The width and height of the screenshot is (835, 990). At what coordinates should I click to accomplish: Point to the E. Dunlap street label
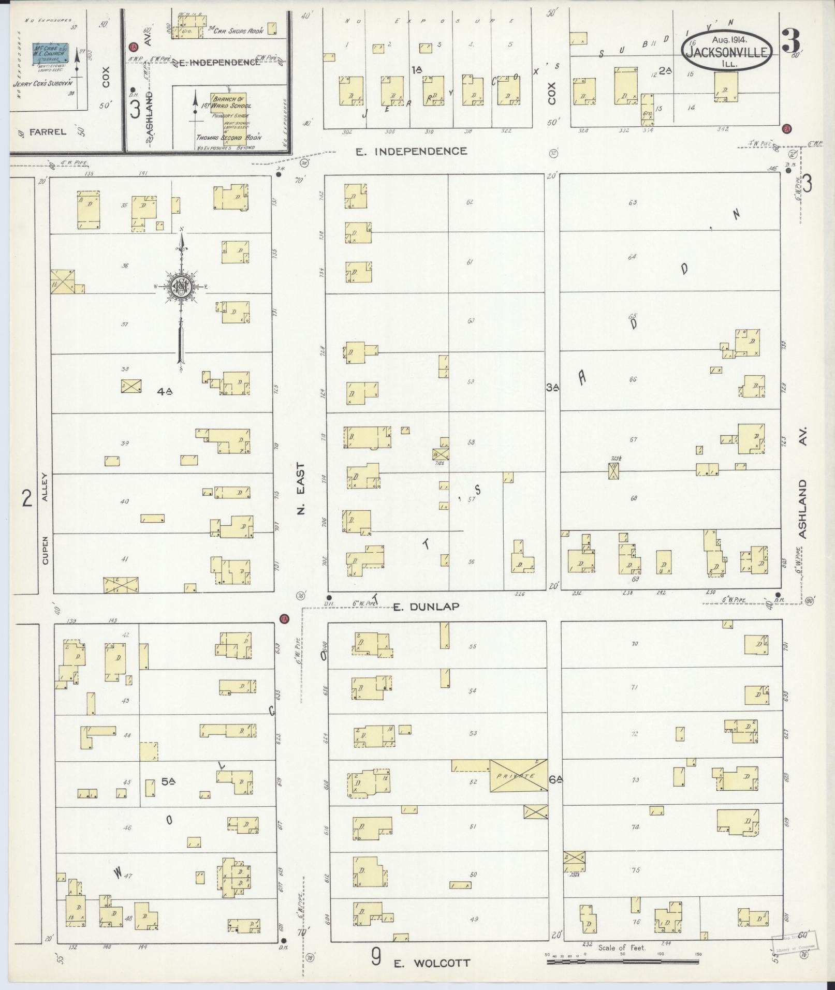coord(426,607)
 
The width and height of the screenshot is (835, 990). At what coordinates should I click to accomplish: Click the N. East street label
coord(302,488)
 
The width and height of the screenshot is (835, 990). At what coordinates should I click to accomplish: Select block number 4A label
coord(165,392)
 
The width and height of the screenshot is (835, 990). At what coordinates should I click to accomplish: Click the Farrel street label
coord(48,132)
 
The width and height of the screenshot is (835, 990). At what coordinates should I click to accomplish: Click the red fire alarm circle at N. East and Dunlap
coord(283,618)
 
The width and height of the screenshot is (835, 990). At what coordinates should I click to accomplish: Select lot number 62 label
coord(470,202)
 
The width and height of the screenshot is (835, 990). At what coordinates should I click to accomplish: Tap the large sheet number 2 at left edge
coord(26,498)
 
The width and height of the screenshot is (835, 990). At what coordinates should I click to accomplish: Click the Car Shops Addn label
coord(240,31)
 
